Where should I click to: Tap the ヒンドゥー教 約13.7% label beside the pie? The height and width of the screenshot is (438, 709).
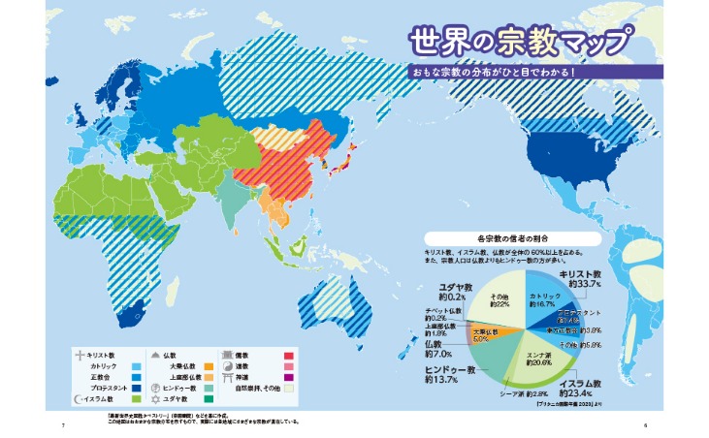[442, 375]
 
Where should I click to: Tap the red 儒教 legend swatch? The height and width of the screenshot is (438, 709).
[288, 356]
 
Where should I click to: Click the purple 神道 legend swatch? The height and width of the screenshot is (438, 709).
[288, 377]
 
